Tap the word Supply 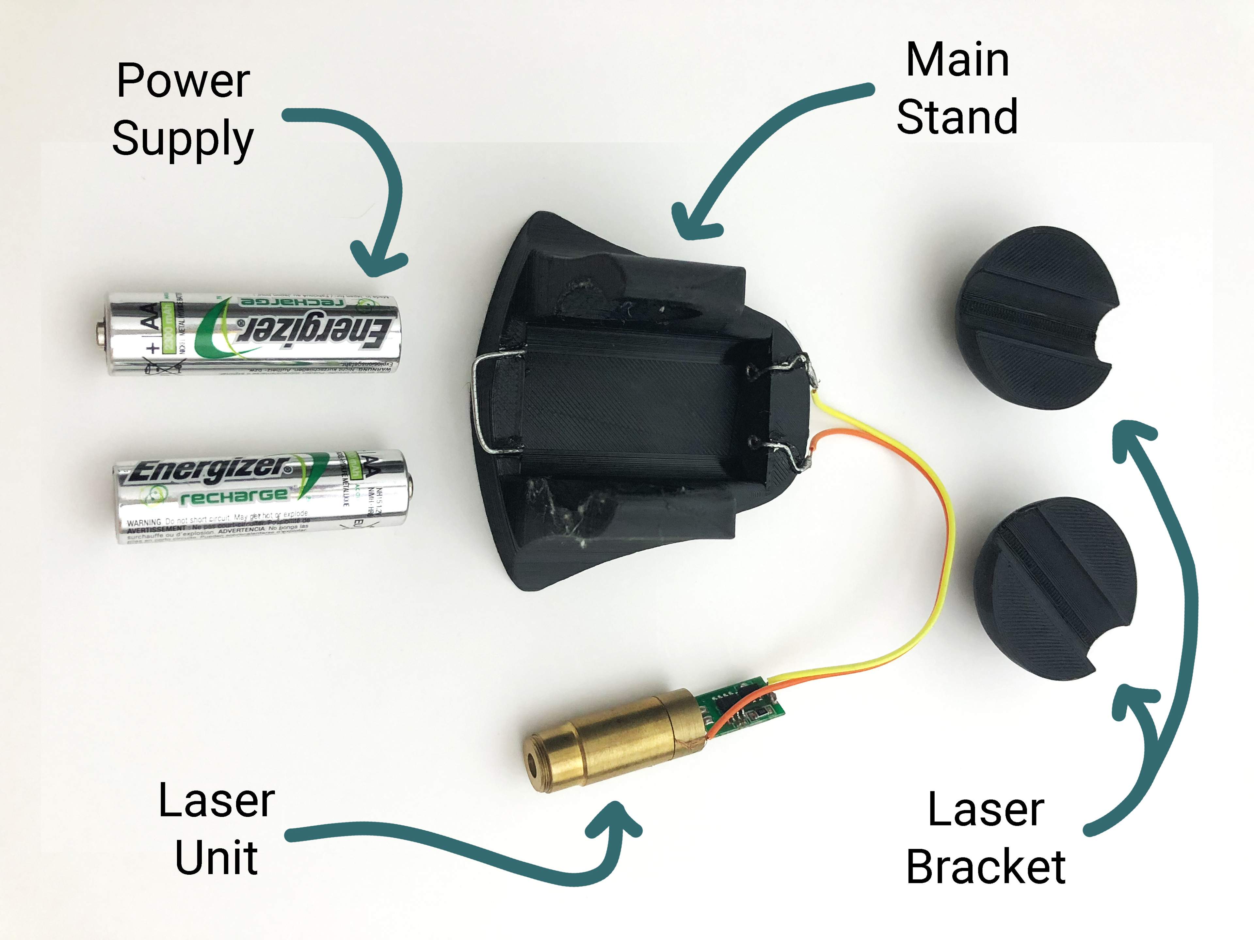coord(183,139)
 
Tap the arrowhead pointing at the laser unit coord(615,819)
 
